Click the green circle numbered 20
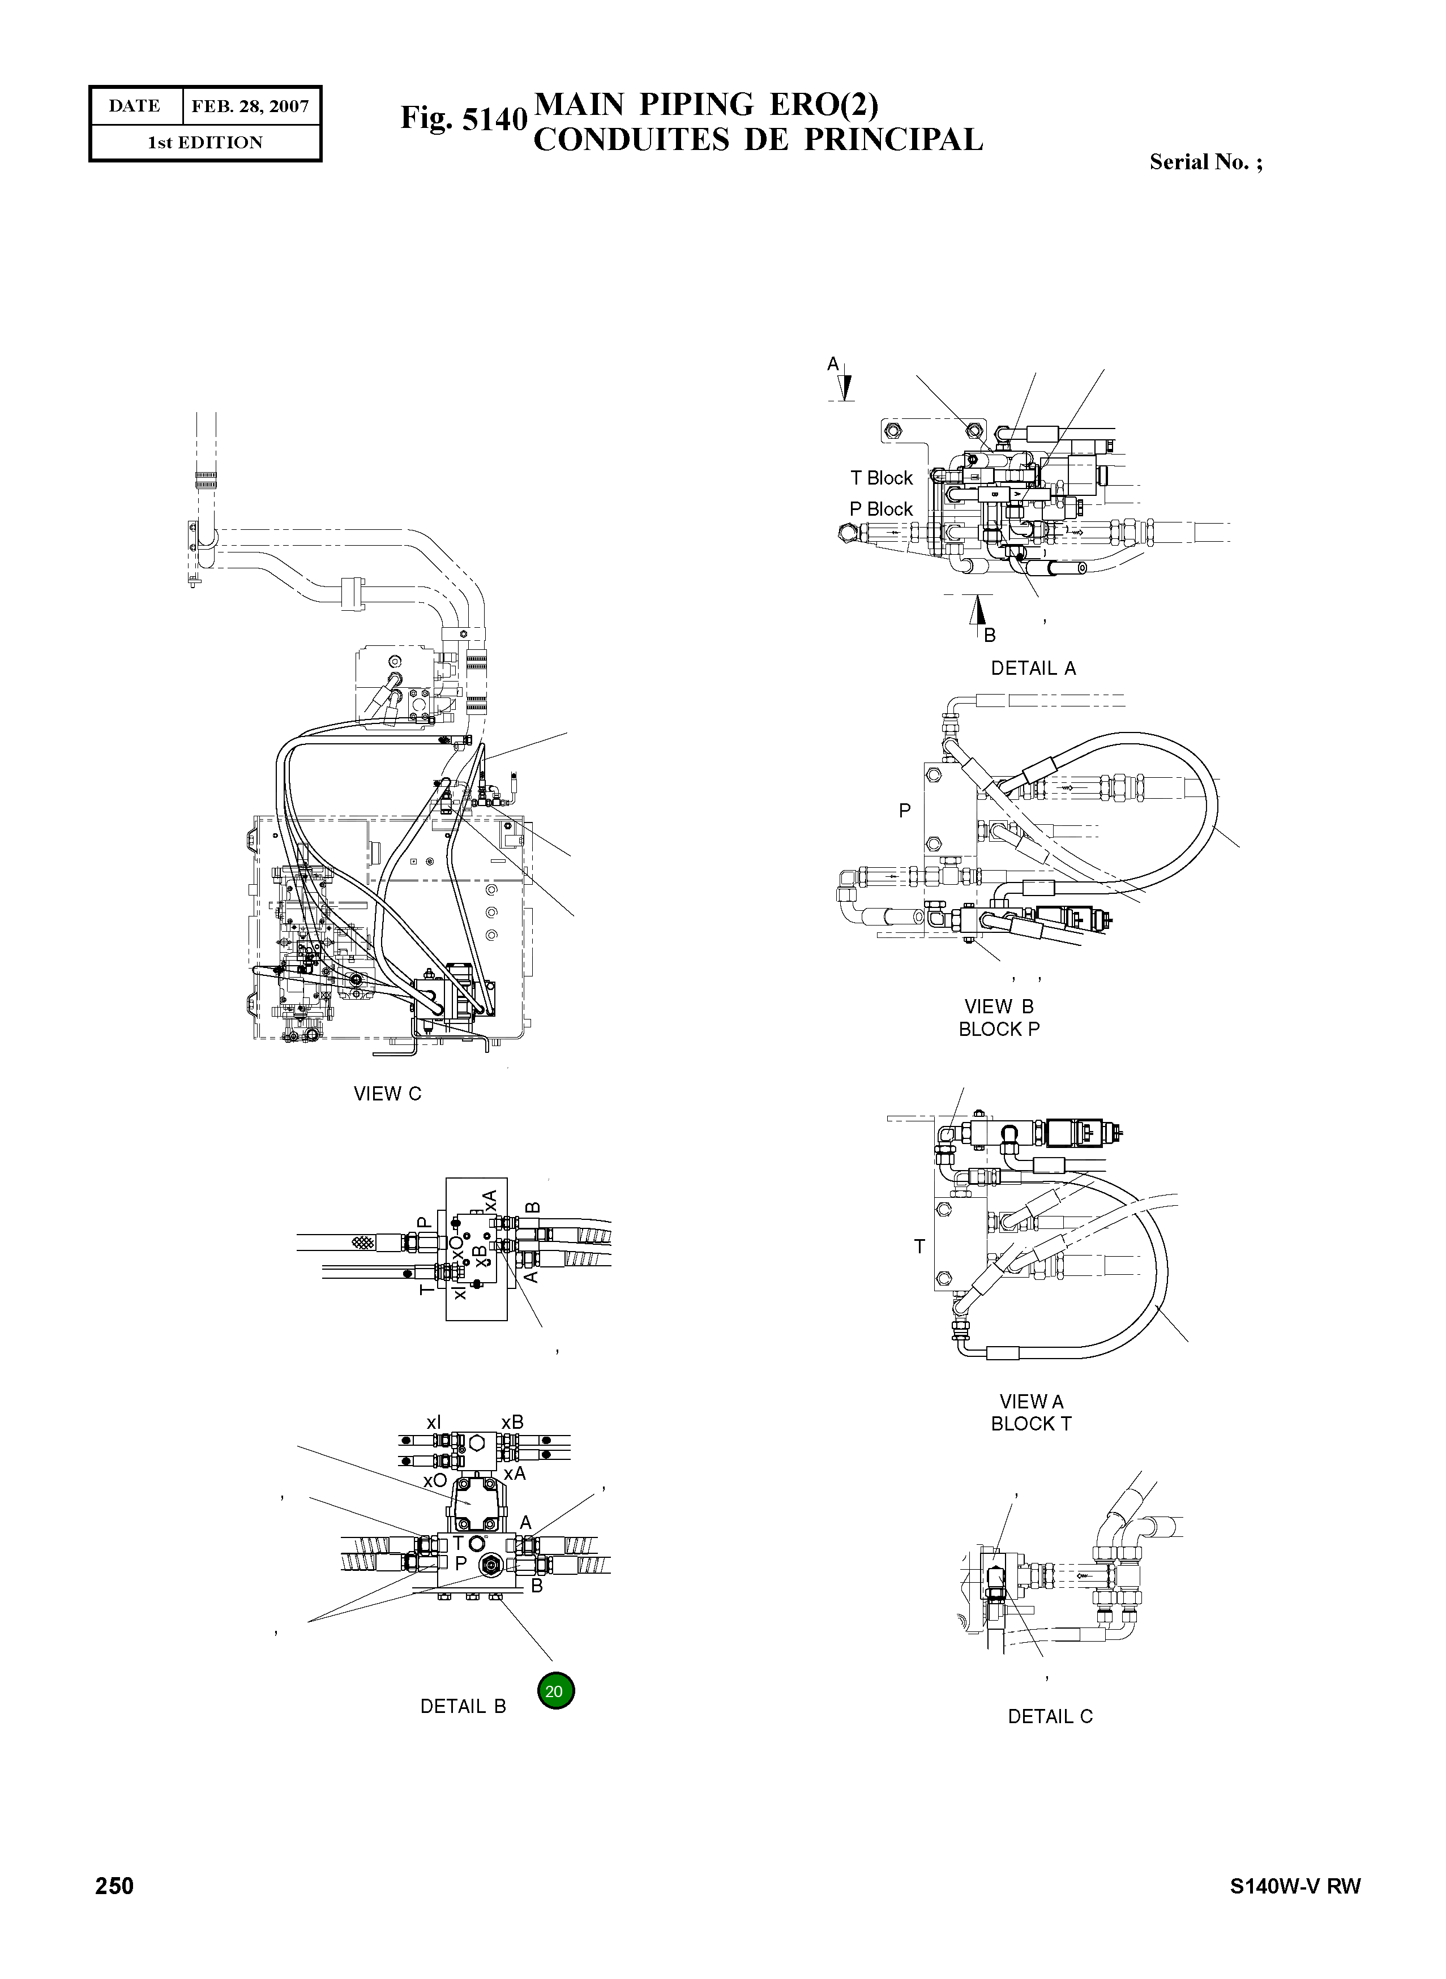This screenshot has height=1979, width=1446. coord(555,1690)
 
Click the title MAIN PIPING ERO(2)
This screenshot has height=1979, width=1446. coord(705,104)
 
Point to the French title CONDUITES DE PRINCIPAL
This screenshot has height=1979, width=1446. coord(758,140)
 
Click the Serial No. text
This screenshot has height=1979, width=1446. coord(1205,162)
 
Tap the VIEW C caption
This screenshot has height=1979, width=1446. coord(387,1093)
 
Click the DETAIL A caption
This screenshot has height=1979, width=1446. coord(1033,668)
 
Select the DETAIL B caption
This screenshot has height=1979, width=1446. coord(463,1706)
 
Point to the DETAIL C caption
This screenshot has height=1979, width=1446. coord(1050,1716)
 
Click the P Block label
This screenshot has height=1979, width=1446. coord(880,508)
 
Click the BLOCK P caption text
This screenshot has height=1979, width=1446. coord(999,1029)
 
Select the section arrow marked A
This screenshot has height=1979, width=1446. coord(845,383)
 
